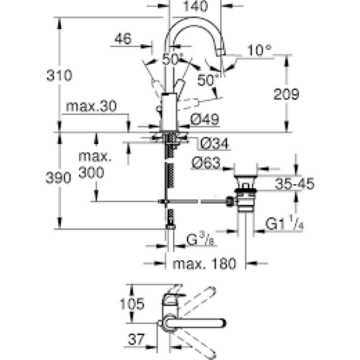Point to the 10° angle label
click(259, 50)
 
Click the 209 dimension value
click(285, 94)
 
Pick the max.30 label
click(92, 106)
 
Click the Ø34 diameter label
click(211, 142)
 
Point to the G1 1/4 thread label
click(283, 224)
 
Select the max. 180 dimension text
click(204, 264)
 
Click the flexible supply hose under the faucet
click(169, 175)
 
